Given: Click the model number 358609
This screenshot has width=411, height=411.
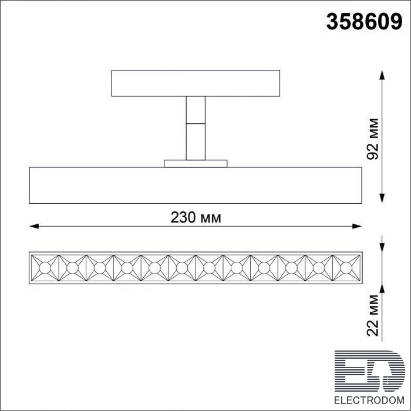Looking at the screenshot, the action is click(x=364, y=22).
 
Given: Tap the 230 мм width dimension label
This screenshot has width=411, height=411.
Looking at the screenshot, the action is click(x=196, y=217).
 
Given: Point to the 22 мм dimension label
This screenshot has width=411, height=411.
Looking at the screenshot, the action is click(x=373, y=316).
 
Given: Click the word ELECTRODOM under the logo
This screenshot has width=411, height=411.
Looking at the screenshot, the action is click(x=369, y=400).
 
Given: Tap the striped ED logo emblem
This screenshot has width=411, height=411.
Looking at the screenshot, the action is click(x=369, y=371).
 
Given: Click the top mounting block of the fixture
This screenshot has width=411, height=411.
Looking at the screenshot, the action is click(x=196, y=83).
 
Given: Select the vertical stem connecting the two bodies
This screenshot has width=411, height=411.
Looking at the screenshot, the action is click(x=196, y=128).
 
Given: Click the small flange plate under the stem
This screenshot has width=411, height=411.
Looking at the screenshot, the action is click(x=196, y=164).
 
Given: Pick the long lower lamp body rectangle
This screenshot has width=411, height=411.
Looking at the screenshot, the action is click(x=196, y=185).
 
